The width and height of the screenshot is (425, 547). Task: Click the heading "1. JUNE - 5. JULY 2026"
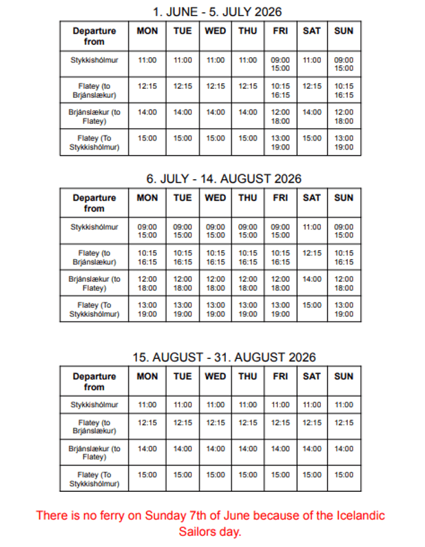pos(216,12)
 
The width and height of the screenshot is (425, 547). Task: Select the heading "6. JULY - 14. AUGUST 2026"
pos(224,178)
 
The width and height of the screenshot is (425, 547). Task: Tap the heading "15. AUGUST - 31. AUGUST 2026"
pos(224,357)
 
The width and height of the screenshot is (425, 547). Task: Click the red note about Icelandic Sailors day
pos(210,523)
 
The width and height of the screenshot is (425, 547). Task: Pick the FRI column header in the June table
pos(280,31)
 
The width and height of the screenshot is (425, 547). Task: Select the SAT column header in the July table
pos(312,198)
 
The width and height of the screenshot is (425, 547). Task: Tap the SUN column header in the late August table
pos(344,376)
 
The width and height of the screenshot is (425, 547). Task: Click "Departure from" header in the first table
pos(94,36)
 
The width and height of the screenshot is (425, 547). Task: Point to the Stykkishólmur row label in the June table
pos(94,61)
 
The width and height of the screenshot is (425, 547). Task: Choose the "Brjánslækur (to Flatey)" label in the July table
pos(94,283)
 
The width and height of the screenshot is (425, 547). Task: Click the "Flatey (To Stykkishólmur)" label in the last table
pos(94,479)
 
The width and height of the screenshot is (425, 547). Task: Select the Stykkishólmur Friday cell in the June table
pos(280,64)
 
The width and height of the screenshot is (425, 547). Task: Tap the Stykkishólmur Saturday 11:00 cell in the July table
pos(312,227)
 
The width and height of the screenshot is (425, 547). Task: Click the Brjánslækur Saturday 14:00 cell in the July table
pos(312,279)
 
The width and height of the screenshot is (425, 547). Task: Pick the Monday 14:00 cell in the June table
pos(147,112)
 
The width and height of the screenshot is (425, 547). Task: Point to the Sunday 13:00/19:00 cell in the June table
pos(344,143)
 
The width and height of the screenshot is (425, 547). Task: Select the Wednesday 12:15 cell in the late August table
pos(216,423)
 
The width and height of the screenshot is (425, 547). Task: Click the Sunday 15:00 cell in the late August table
pos(344,475)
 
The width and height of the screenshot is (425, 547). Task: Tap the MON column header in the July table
pos(147,198)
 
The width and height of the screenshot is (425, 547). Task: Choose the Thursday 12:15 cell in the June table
pos(248,86)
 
